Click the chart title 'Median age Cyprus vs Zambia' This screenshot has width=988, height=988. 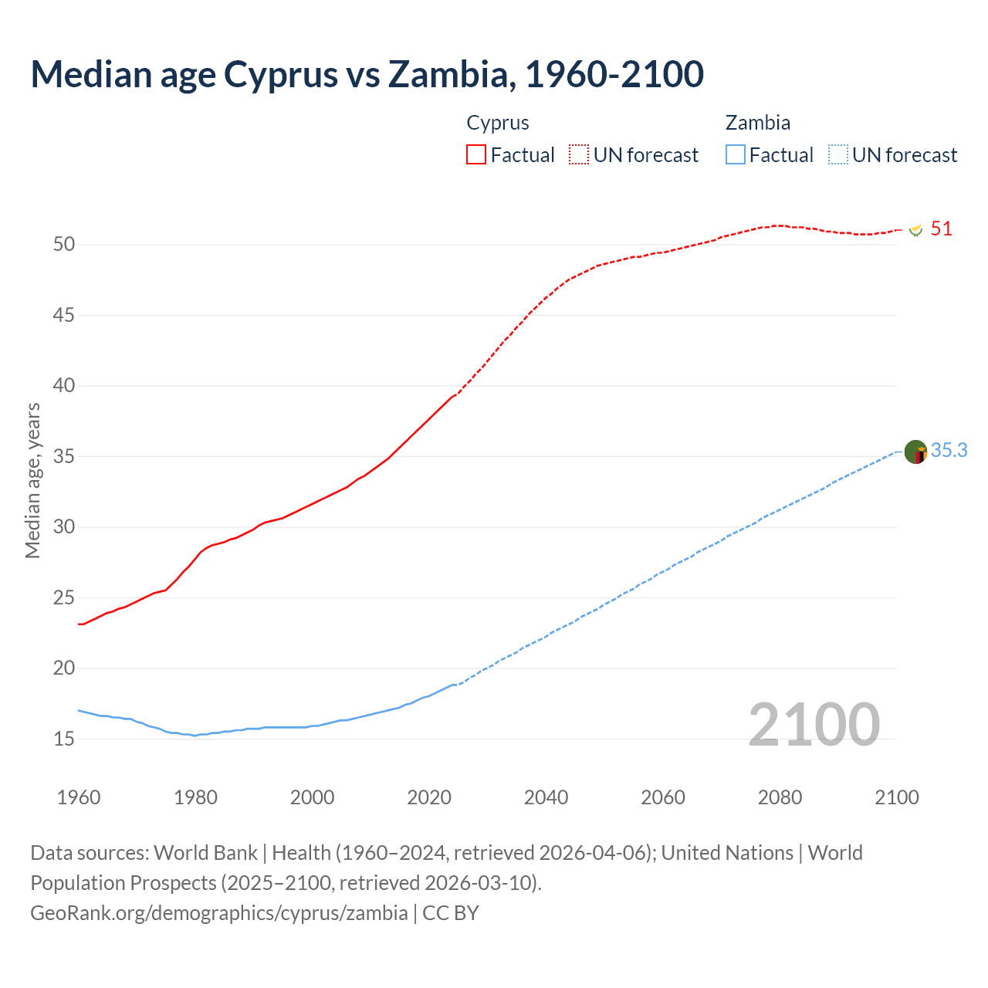click(367, 74)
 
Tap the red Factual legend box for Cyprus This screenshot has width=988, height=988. click(476, 155)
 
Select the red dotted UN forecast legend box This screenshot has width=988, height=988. click(579, 155)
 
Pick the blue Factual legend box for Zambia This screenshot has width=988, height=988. click(735, 155)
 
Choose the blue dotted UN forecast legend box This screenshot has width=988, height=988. click(837, 155)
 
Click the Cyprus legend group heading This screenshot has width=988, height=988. click(498, 123)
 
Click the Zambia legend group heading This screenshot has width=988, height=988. click(757, 123)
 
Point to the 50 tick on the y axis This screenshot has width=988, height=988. click(64, 245)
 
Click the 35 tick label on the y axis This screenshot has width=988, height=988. click(64, 456)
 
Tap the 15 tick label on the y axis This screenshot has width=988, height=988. click(64, 739)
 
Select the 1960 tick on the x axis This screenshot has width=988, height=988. click(79, 797)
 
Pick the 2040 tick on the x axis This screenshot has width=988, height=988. click(546, 797)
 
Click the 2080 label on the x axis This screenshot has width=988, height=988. click(780, 797)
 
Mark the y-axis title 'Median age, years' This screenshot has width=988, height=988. click(32, 480)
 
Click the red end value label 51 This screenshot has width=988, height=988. click(941, 229)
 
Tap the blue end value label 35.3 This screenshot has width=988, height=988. click(949, 451)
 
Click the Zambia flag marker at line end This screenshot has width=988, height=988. click(915, 452)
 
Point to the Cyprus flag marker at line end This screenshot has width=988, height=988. click(915, 230)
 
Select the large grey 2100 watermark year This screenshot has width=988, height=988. click(814, 724)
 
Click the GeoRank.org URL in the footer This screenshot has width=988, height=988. click(218, 913)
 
